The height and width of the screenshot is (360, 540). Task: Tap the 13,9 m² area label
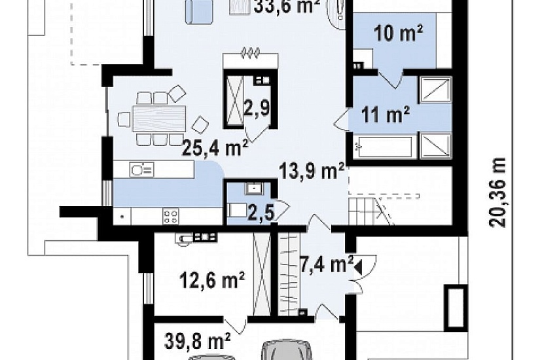(x=312, y=171)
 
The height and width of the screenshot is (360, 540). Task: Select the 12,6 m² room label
(x=213, y=279)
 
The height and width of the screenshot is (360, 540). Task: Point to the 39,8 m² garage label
(x=198, y=341)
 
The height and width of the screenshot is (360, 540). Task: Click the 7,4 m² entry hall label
(x=327, y=264)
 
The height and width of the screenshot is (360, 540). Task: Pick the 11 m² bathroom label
(x=386, y=115)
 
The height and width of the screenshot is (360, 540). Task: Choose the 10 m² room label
(x=398, y=33)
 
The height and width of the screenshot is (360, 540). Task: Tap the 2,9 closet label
(x=257, y=109)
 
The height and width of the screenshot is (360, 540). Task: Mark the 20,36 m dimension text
(x=497, y=192)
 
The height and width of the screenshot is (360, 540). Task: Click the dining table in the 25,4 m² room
(x=159, y=118)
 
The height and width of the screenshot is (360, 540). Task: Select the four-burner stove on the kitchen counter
(x=170, y=217)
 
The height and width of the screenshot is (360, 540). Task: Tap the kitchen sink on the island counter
(x=141, y=170)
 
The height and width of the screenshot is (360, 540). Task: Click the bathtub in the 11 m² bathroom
(x=384, y=147)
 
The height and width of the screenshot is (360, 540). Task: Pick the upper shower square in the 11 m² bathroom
(x=435, y=89)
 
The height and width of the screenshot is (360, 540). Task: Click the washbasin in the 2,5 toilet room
(x=254, y=189)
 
